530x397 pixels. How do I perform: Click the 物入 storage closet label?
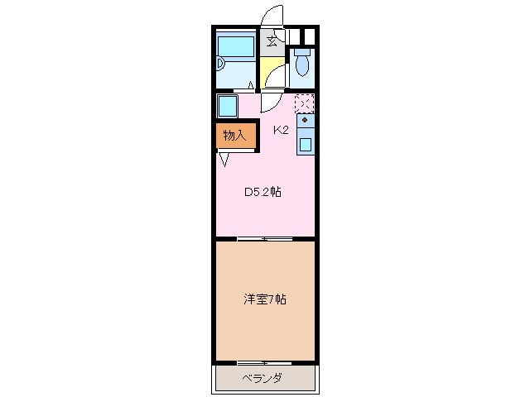(234, 135)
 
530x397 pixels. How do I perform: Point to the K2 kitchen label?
(282, 129)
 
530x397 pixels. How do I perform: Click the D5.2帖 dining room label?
(262, 192)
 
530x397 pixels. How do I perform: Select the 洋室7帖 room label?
(265, 299)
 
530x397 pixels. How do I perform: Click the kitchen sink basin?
(306, 144)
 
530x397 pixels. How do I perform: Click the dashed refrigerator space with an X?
(305, 103)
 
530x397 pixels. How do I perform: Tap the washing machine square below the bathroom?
(227, 106)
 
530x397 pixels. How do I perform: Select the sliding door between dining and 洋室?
(265, 239)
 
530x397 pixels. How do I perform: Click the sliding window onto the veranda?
(265, 362)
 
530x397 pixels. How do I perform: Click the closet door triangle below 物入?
(224, 159)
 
